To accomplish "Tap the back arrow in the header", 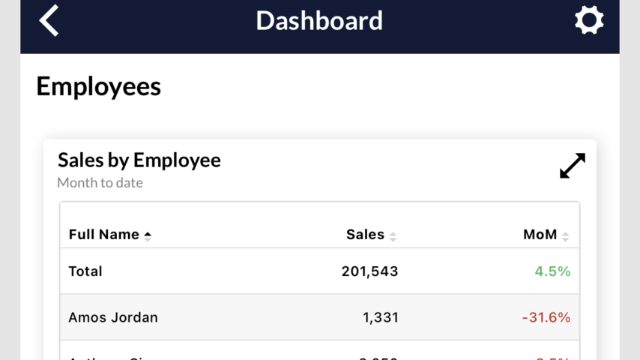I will (x=49, y=20).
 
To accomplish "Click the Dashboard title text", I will (x=319, y=20).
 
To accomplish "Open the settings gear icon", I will (x=589, y=20).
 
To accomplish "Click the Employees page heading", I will (x=98, y=87).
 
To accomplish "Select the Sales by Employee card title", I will (x=139, y=160).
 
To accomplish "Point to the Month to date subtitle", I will (x=100, y=182).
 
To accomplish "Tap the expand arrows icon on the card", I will (x=573, y=166).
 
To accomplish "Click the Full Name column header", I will (x=103, y=235).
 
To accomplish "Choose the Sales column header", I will (x=365, y=235).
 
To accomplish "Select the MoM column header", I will (x=540, y=235).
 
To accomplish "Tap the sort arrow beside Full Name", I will (x=148, y=235).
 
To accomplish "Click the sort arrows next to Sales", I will (x=393, y=236).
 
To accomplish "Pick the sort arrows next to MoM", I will (x=566, y=236).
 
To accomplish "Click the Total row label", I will (x=85, y=271).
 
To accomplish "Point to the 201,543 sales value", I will (x=369, y=271).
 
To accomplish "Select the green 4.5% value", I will (x=552, y=271).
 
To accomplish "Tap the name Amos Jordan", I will (x=113, y=317).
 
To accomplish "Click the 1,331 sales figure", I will (x=380, y=317).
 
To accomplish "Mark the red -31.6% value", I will (x=546, y=317).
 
